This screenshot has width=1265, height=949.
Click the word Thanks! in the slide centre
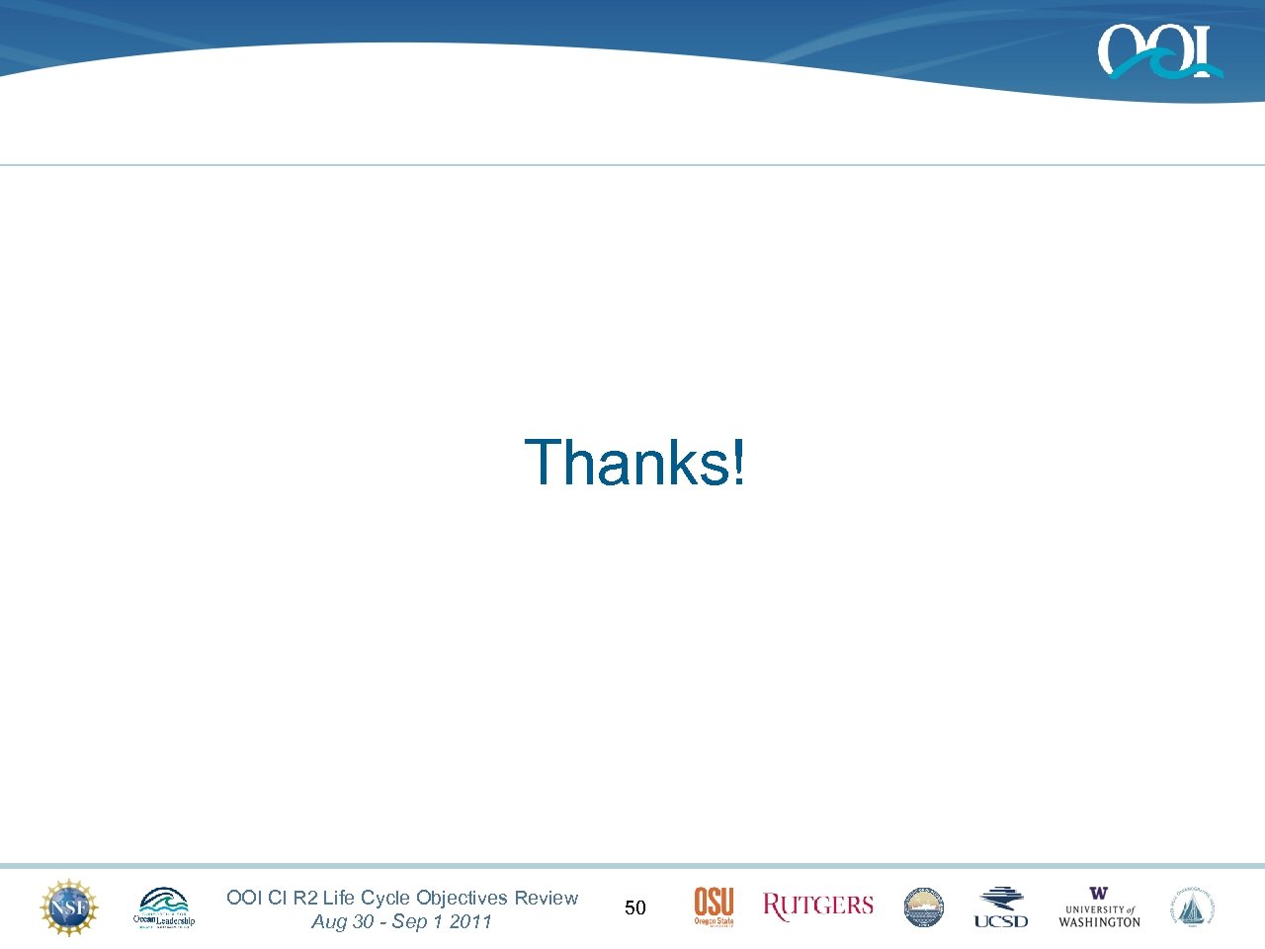[x=635, y=463]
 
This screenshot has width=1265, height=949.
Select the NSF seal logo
[x=69, y=907]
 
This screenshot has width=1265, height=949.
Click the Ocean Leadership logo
[x=164, y=907]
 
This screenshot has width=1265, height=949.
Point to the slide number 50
[x=635, y=907]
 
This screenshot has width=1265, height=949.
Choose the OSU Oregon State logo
[x=714, y=906]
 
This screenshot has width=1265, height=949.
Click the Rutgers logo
[x=818, y=906]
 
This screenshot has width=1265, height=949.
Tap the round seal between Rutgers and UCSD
[x=924, y=907]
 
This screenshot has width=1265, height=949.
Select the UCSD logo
[x=1001, y=907]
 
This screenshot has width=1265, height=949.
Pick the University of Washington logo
[x=1099, y=907]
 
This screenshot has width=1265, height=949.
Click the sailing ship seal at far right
[x=1194, y=907]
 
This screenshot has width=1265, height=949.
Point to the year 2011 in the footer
[x=470, y=921]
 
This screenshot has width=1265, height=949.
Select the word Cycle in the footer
[x=385, y=898]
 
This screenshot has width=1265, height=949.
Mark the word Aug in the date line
[x=329, y=922]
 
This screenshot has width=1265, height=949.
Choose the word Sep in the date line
[x=409, y=922]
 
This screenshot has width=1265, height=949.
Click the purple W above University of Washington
[x=1099, y=894]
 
